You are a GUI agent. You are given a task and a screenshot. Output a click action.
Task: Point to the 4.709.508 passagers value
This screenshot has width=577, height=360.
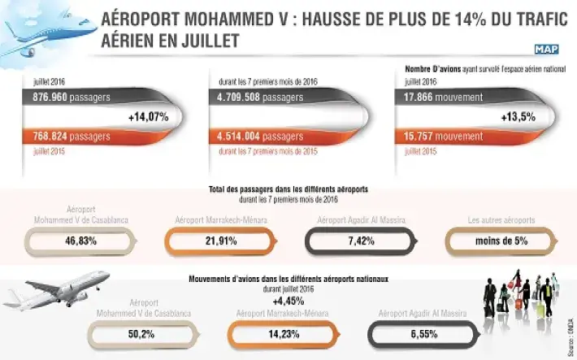click(x=259, y=98)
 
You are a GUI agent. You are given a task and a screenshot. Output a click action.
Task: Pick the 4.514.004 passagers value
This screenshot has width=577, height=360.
click(x=260, y=137)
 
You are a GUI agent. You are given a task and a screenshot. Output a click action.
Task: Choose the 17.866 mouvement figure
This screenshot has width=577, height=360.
click(x=446, y=98)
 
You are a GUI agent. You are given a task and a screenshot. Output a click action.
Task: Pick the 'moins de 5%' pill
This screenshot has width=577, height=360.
click(x=496, y=241)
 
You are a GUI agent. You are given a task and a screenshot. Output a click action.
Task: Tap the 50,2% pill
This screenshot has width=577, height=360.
click(x=145, y=332)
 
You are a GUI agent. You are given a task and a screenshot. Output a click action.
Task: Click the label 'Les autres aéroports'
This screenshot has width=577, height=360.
click(x=501, y=220)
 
